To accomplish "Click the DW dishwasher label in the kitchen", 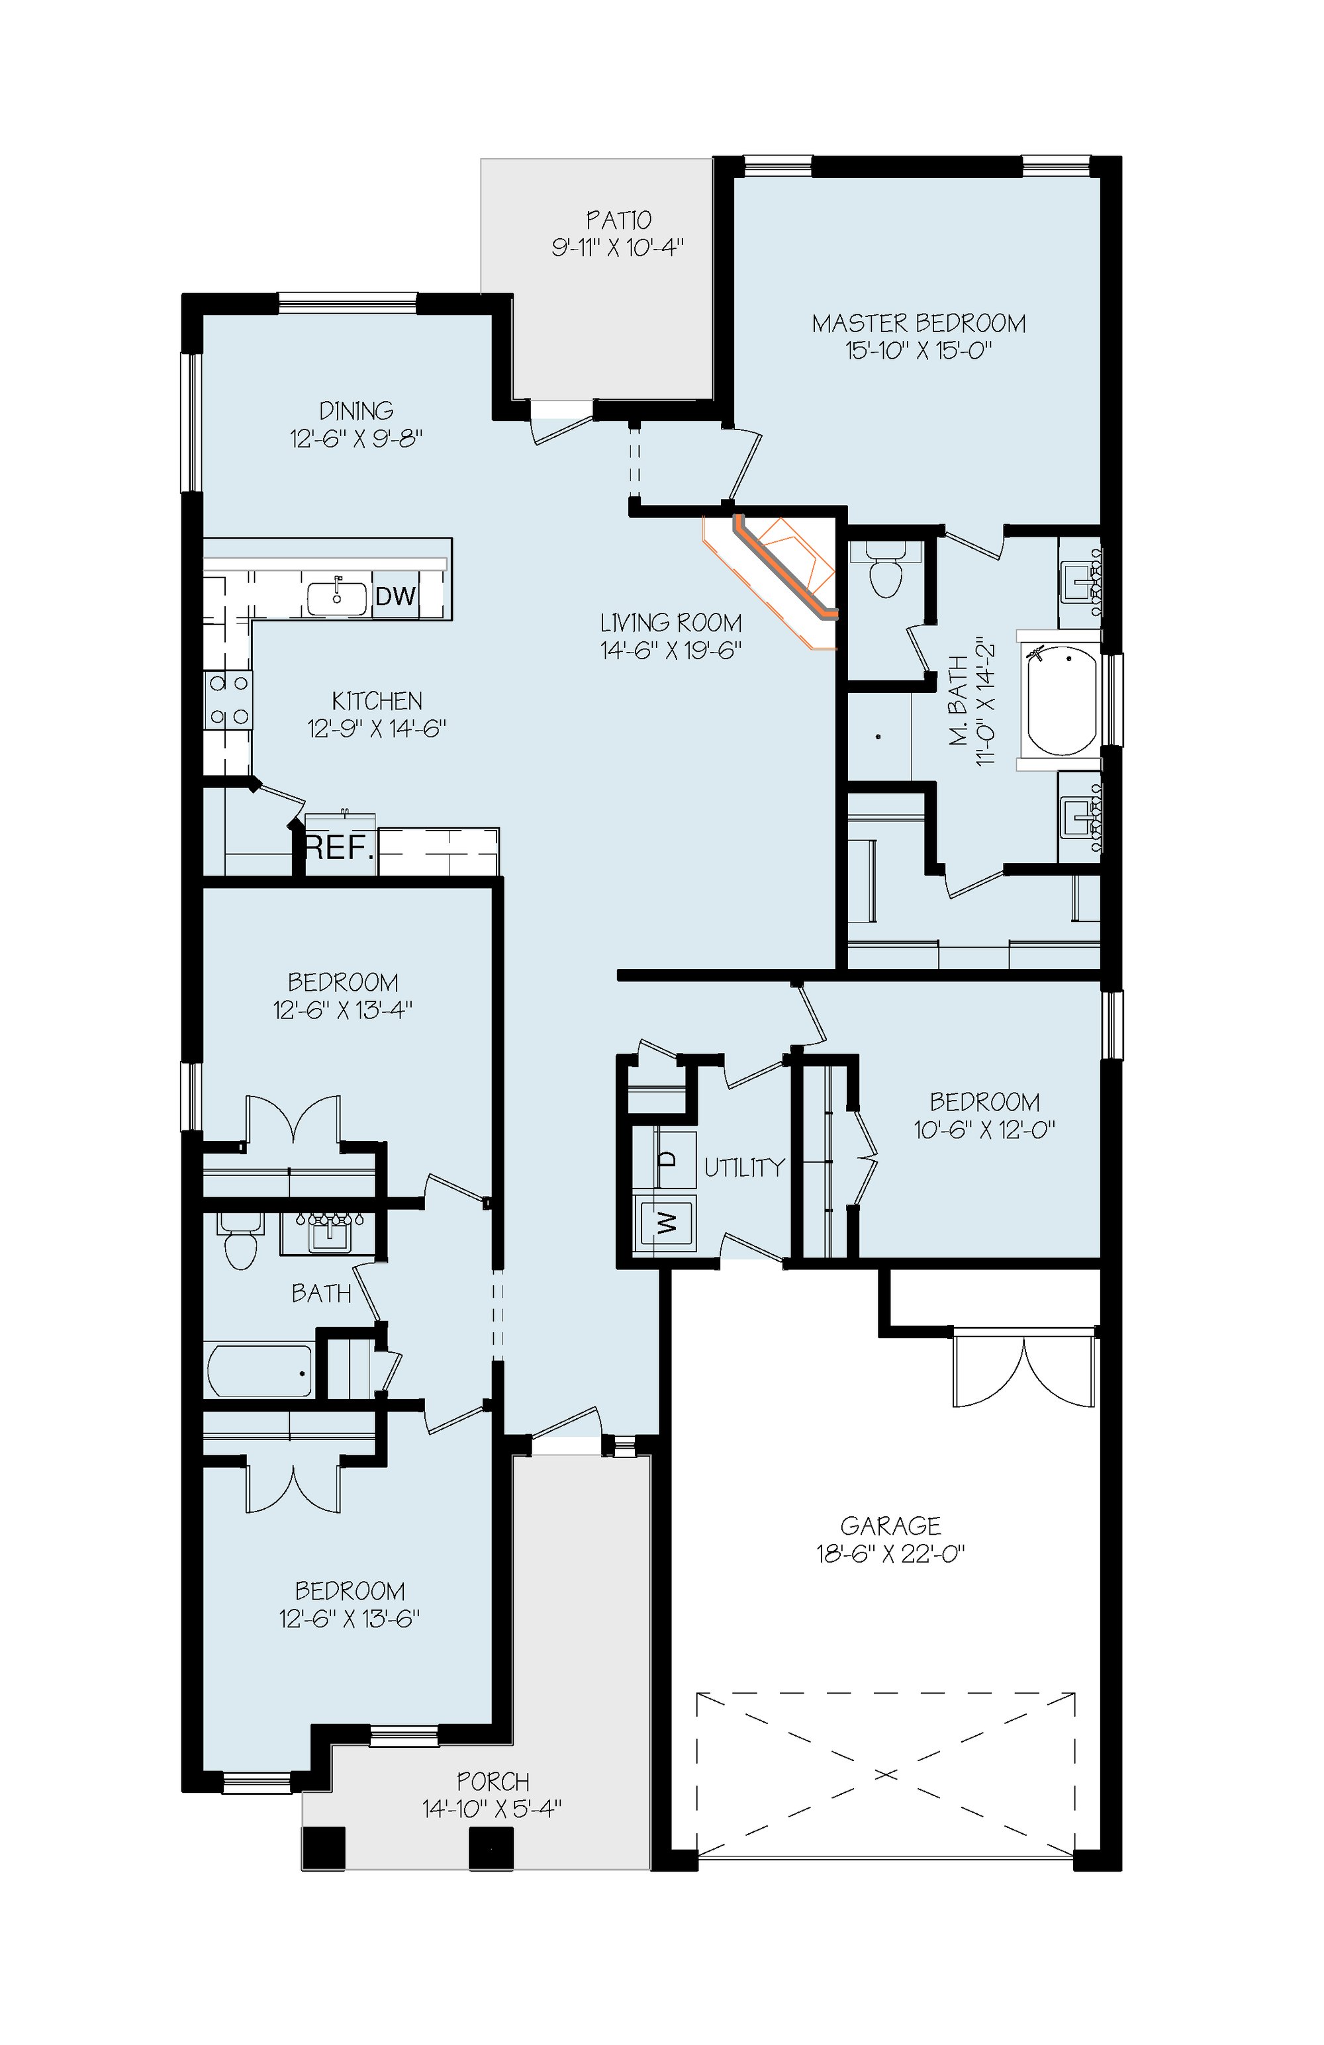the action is click(x=395, y=596).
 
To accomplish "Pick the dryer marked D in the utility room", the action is click(x=667, y=1158).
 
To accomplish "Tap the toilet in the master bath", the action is click(x=886, y=568).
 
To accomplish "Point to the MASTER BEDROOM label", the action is click(x=918, y=323).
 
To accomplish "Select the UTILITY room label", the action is click(x=745, y=1167).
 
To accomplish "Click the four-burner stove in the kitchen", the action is click(x=228, y=700).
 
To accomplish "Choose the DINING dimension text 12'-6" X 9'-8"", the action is click(x=356, y=439).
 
